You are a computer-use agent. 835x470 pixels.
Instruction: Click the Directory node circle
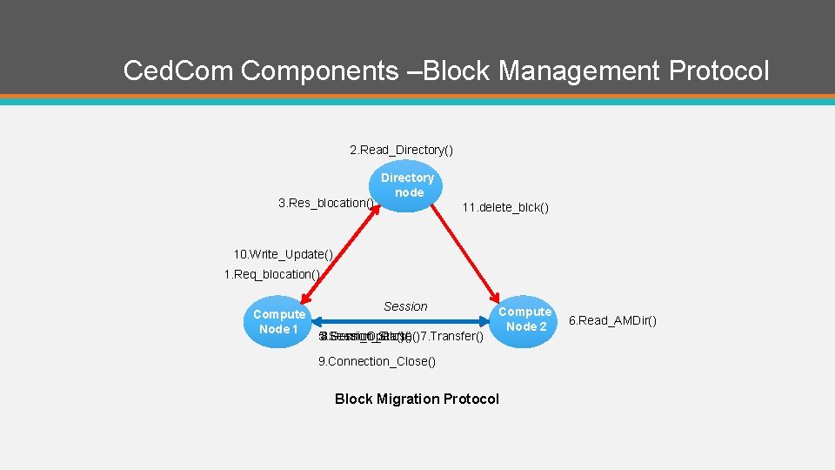(x=407, y=185)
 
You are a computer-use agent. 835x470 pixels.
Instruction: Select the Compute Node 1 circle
(x=279, y=321)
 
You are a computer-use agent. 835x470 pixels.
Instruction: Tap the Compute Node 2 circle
(x=524, y=319)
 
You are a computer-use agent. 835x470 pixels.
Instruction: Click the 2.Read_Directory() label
(x=401, y=151)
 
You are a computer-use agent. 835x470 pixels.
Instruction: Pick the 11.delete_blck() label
(x=505, y=208)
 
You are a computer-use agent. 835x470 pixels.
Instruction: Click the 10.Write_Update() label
(x=283, y=254)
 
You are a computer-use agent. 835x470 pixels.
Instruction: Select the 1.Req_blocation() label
(x=272, y=274)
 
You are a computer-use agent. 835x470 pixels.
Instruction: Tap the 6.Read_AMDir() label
(x=612, y=320)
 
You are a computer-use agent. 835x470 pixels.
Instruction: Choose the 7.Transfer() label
(x=451, y=336)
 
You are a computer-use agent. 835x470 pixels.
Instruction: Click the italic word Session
(x=405, y=306)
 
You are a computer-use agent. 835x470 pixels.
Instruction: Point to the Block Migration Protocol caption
(x=417, y=399)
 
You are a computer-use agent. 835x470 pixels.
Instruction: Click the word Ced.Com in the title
(x=178, y=70)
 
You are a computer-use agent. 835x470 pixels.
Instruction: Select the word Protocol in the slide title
(x=719, y=70)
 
